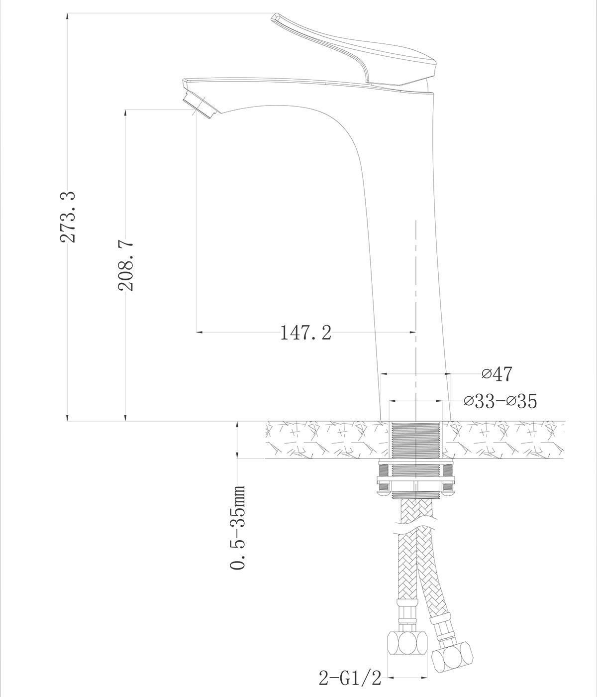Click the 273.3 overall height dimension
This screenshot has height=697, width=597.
68,217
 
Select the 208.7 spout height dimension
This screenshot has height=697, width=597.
126,265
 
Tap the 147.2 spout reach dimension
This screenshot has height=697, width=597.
306,333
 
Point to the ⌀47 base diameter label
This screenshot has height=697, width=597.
497,374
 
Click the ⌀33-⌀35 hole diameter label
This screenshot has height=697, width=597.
500,401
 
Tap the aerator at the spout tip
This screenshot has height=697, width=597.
201,106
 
